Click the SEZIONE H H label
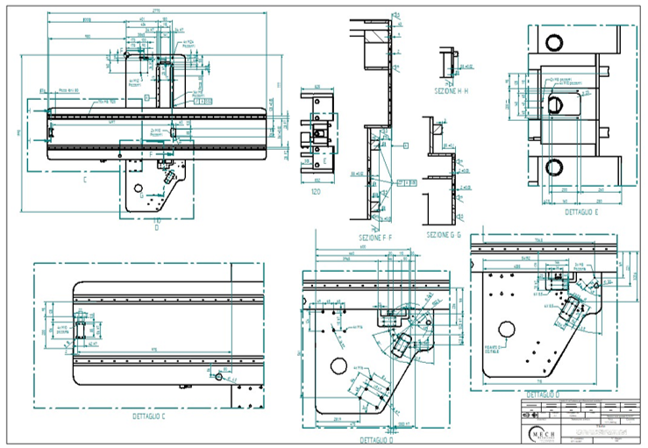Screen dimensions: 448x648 click(452, 90)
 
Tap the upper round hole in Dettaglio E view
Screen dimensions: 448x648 click(554, 42)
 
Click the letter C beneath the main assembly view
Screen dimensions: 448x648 click(85, 180)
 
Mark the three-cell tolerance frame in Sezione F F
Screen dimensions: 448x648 click(406, 183)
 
